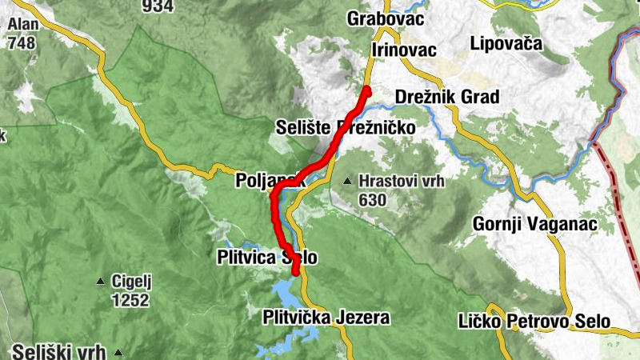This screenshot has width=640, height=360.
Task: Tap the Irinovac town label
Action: point(404,50)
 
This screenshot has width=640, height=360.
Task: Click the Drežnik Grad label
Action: point(447,98)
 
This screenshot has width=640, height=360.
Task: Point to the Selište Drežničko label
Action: point(345,127)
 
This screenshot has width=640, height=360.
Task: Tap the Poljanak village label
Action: point(270,181)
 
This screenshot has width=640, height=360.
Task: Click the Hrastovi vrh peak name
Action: point(402,181)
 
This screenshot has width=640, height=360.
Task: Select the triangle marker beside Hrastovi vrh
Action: point(347,182)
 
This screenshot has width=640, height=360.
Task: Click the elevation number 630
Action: point(373,200)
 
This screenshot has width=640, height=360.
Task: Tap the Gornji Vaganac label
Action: point(535,224)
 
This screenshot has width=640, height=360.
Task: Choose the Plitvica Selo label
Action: point(267,258)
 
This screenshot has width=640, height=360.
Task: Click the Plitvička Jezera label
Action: point(326,318)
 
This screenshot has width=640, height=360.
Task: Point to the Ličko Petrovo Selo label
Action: point(534,322)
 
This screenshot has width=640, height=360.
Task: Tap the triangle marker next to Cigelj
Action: point(100,282)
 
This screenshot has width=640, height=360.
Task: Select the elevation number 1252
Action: point(131,300)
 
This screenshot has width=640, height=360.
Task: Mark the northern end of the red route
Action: point(368,89)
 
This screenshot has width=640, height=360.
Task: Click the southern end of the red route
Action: point(295,273)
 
